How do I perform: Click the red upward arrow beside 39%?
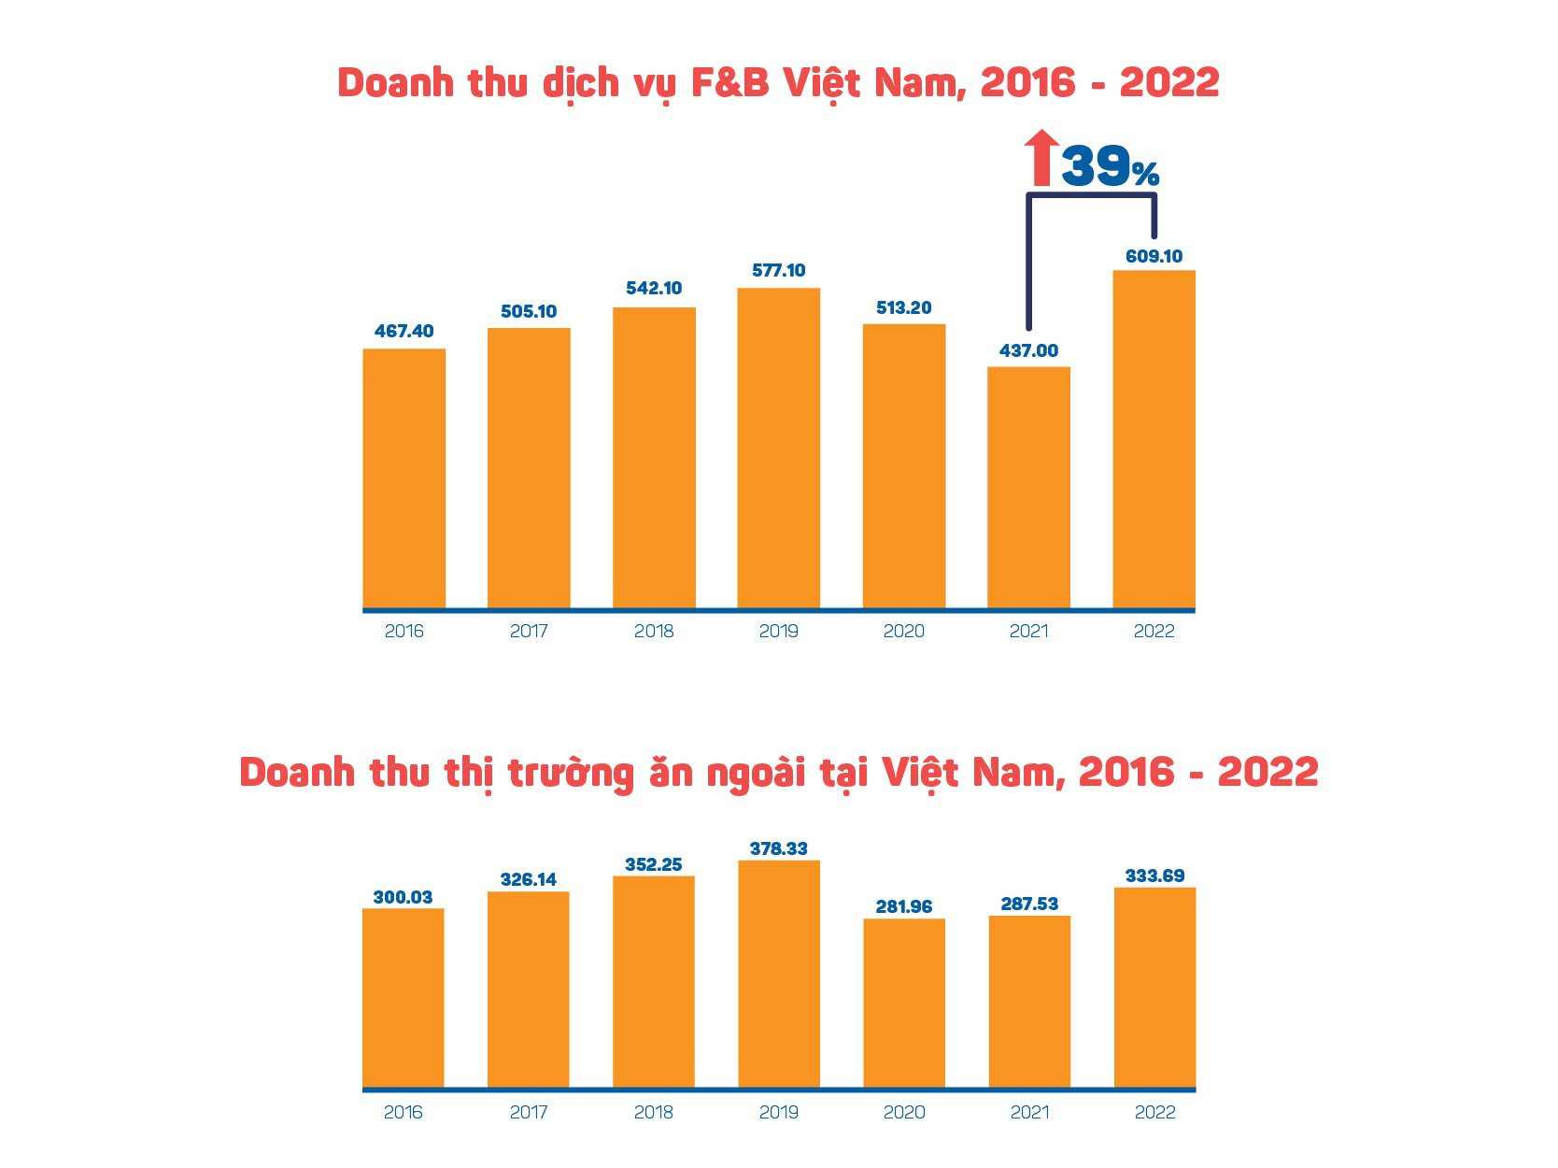pos(1041,158)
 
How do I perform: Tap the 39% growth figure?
pos(1110,167)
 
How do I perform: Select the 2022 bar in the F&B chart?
pos(1154,439)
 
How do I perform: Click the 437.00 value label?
pos(1028,350)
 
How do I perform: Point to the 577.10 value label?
pos(778,270)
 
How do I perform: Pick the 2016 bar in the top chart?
pos(404,478)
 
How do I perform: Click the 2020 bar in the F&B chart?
pos(903,466)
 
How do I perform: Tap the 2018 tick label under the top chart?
pos(653,632)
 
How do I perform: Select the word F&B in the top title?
pos(729,83)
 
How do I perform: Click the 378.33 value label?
pos(778,848)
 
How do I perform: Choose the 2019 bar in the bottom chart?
pos(778,974)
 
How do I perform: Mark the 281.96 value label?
pos(903,906)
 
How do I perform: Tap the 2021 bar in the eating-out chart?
pos(1029,1002)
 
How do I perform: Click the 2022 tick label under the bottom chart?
pos(1154,1113)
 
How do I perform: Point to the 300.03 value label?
pos(403,897)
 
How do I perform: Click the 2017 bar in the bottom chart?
pos(528,990)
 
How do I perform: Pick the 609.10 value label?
pos(1154,256)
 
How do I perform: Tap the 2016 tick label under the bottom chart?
pos(403,1113)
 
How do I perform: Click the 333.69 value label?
pos(1154,876)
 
